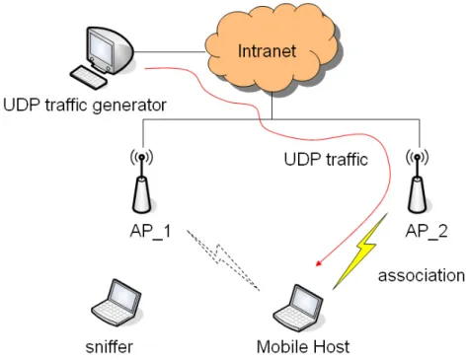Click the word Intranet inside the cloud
tap(267, 51)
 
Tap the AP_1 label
tap(150, 232)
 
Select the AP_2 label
tap(427, 232)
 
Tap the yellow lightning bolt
tap(360, 252)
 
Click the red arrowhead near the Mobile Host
tap(319, 263)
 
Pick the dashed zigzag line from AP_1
tap(223, 259)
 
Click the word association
tap(422, 275)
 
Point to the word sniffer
tap(110, 347)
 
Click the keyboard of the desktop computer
tap(89, 77)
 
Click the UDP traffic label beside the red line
tap(326, 160)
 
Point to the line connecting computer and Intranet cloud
tap(170, 52)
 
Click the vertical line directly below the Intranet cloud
tap(272, 106)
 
